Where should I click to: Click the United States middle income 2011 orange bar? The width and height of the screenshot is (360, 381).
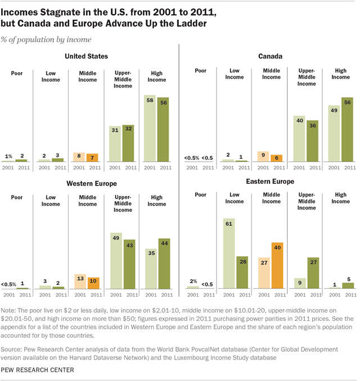pyautogui.click(x=93, y=158)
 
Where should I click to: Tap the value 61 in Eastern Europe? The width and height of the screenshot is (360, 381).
pyautogui.click(x=229, y=223)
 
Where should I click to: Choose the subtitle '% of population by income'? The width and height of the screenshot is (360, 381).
pyautogui.click(x=48, y=39)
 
